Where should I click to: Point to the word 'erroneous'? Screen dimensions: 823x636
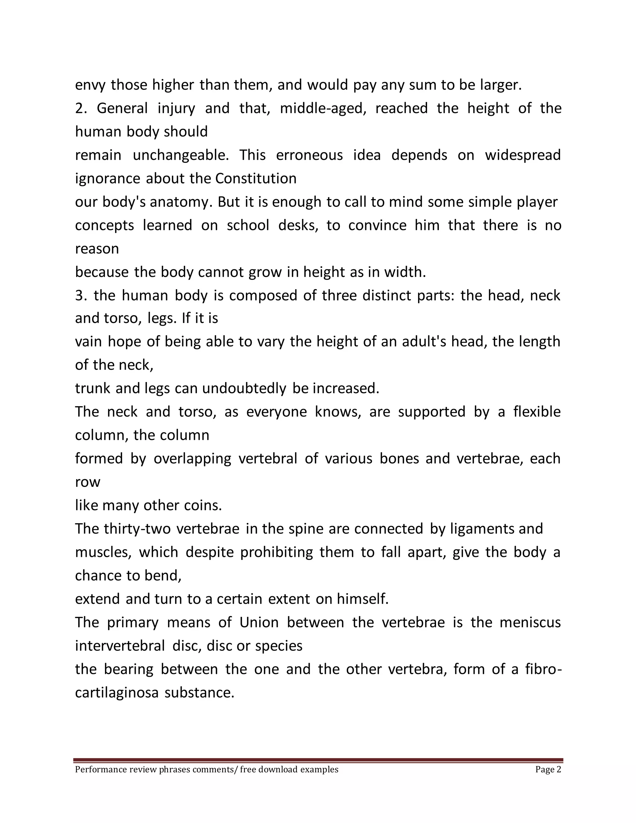tap(309, 155)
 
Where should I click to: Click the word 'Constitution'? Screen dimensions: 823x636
tap(256, 179)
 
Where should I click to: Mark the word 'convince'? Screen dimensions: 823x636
tap(377, 225)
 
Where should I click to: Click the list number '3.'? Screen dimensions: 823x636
tap(81, 295)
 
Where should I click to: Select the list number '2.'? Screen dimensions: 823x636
tap(81, 108)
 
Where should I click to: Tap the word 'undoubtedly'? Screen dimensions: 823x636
tap(244, 389)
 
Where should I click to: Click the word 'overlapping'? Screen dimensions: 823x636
tap(192, 459)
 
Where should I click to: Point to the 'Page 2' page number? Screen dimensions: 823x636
tap(548, 770)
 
